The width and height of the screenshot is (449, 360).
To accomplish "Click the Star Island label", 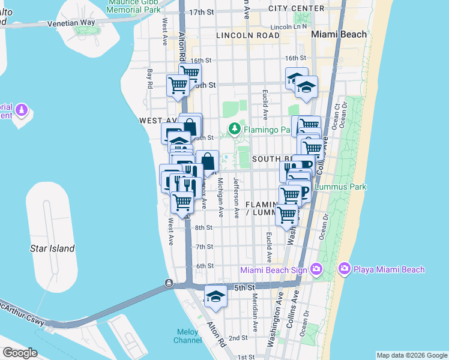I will [53, 248].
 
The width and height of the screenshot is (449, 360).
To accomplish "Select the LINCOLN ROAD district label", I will [248, 36].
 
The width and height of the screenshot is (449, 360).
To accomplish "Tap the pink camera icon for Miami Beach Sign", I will [316, 270].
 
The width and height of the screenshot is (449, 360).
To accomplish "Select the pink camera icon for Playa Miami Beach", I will [345, 270].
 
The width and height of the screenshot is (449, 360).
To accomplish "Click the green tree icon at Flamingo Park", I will [234, 129].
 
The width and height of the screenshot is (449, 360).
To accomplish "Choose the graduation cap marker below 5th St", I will [215, 297].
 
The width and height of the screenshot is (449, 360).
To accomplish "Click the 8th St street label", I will [204, 227].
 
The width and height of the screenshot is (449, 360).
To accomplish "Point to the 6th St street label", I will [205, 266].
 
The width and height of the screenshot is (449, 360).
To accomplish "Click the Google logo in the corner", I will [19, 353].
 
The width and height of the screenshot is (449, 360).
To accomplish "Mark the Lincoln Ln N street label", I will [288, 27].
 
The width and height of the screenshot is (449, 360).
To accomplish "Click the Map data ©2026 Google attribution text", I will [411, 355].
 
